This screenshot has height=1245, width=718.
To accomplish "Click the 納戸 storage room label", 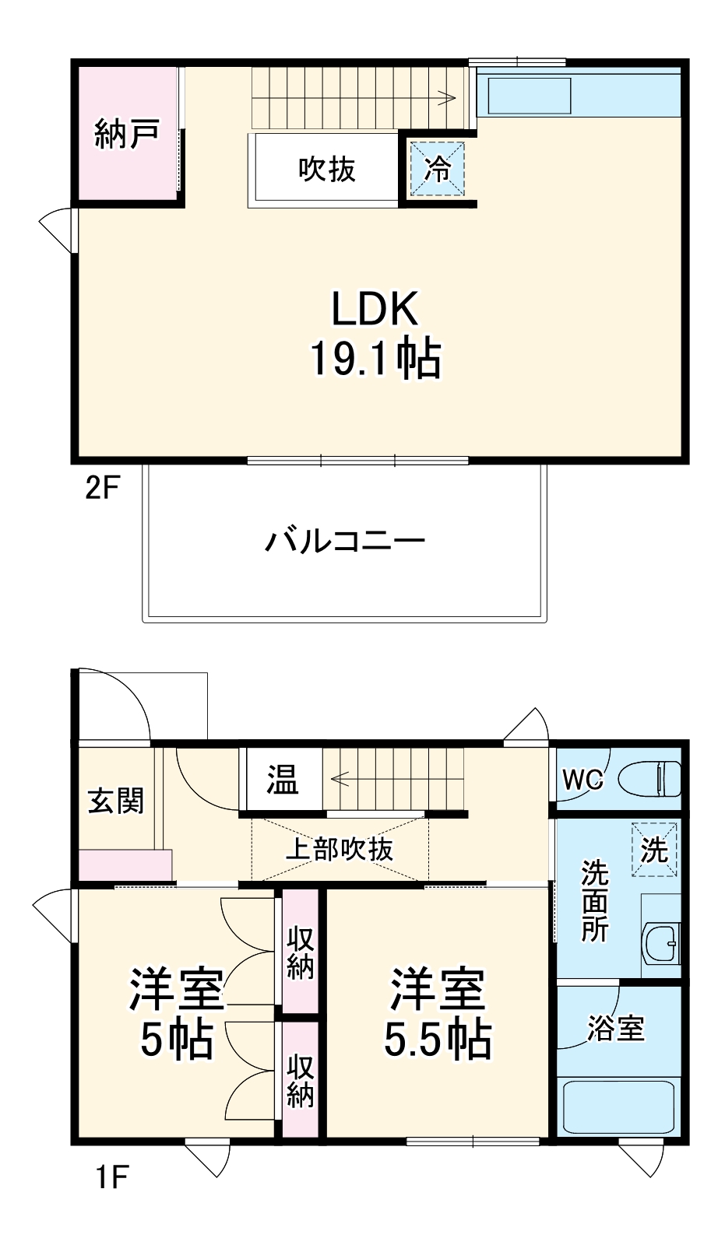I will [x=126, y=133].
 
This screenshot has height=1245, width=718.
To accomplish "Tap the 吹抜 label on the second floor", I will [x=327, y=169].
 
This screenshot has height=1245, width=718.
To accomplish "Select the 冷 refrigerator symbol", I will [x=438, y=168].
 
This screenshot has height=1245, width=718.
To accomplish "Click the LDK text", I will [x=375, y=310].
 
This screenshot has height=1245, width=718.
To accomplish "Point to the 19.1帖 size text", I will [x=375, y=358].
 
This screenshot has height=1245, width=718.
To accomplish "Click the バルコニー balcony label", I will [x=344, y=541].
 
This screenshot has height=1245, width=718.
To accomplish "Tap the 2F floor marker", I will [x=102, y=489].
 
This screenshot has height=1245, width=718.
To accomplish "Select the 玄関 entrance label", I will [x=115, y=800].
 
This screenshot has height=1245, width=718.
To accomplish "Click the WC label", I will [x=584, y=779].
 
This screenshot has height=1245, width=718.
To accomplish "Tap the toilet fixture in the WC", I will [x=650, y=778].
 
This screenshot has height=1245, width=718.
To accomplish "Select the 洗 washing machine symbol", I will [x=654, y=850].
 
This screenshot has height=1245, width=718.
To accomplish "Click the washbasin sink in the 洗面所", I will [x=663, y=943].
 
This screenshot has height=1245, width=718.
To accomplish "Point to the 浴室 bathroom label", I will [x=615, y=1029].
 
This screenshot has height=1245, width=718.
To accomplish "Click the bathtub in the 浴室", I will [x=618, y=1106].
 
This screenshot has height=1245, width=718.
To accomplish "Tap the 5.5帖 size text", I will [x=438, y=1039].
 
